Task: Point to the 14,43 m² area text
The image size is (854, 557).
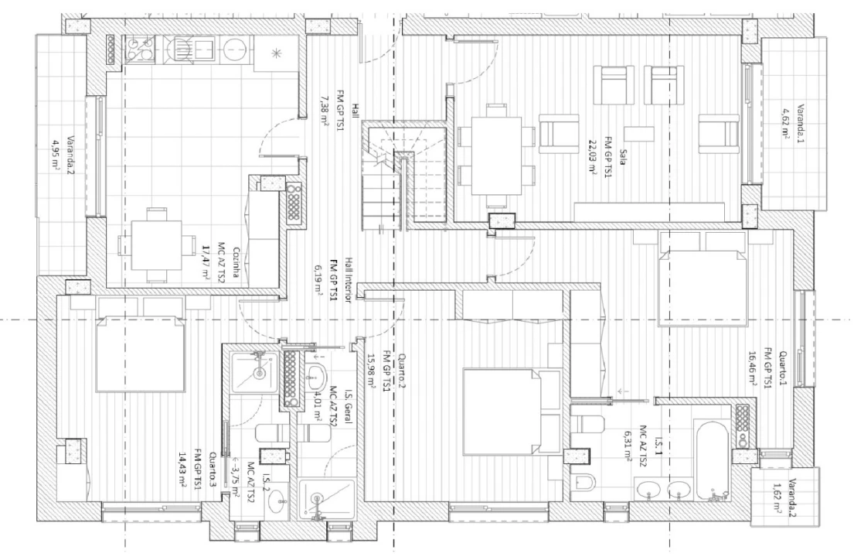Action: coord(185,466)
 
